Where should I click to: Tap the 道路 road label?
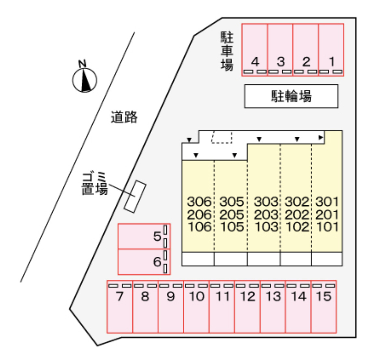(x=124, y=117)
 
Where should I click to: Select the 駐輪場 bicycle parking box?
(x=291, y=96)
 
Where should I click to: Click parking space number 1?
(x=331, y=50)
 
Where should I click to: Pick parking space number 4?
(x=255, y=50)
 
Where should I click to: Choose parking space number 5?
(x=144, y=236)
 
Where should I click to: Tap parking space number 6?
(x=144, y=262)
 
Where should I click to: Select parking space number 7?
(x=120, y=306)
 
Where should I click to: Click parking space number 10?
(x=196, y=306)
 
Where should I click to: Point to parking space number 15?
(x=324, y=306)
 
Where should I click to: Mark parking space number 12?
(x=247, y=306)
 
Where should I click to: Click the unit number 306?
(x=199, y=202)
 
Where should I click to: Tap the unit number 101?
(x=327, y=227)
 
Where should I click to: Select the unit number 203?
(x=266, y=215)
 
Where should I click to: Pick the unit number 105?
(x=232, y=227)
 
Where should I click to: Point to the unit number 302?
(x=297, y=202)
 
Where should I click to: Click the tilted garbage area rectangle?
(x=135, y=197)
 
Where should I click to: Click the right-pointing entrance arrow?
(x=321, y=138)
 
